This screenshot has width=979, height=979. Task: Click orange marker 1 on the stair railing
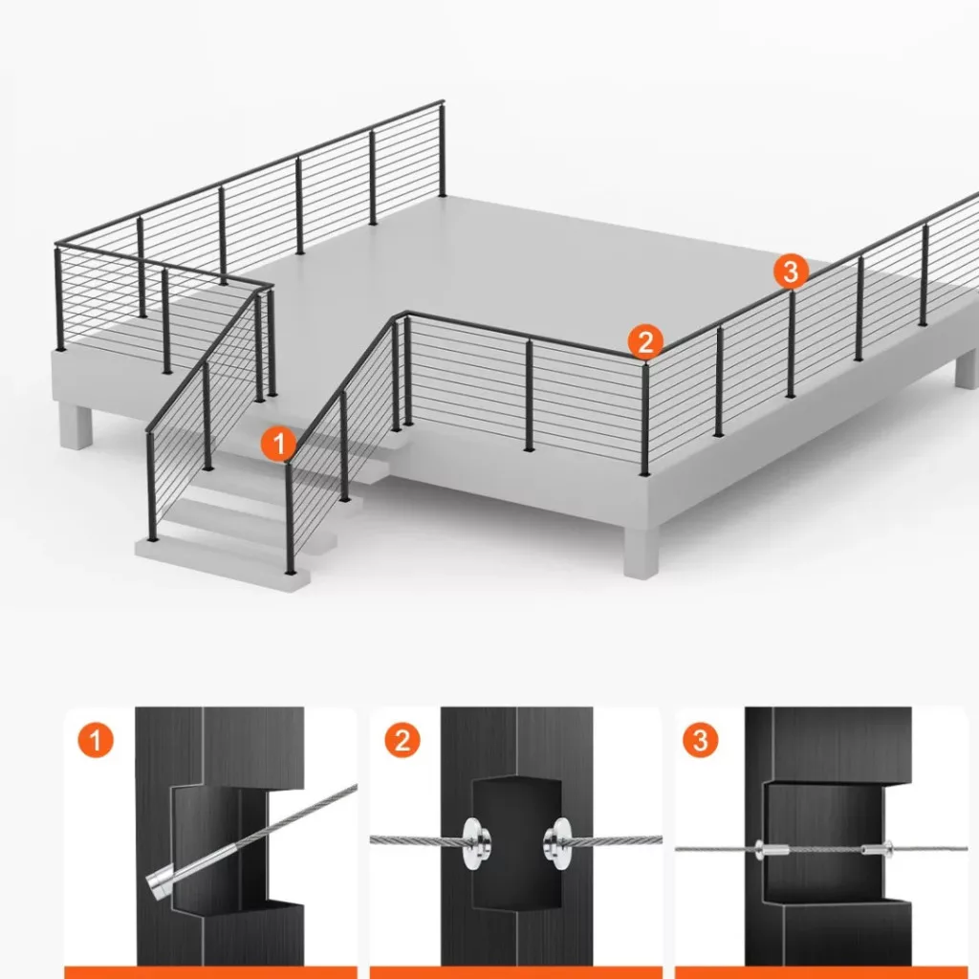pos(278,444)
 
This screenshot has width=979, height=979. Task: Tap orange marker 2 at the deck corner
pos(645,341)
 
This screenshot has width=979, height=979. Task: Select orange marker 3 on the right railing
pos(791,272)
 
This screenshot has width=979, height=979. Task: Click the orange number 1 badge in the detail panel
pos(96,741)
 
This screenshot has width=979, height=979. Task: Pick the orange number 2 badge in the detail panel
pos(402,741)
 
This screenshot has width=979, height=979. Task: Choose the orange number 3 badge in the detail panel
pos(701,740)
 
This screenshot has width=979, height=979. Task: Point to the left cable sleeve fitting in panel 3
pos(772,849)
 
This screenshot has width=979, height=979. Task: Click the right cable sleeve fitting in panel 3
pos(878,849)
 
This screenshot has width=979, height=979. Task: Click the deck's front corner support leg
pos(642,552)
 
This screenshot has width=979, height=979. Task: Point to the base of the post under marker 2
pos(644,472)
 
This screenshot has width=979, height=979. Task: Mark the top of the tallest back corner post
pos(442,102)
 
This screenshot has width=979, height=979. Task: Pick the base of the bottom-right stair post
pos(290,571)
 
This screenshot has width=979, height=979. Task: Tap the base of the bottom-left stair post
pos(152,537)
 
